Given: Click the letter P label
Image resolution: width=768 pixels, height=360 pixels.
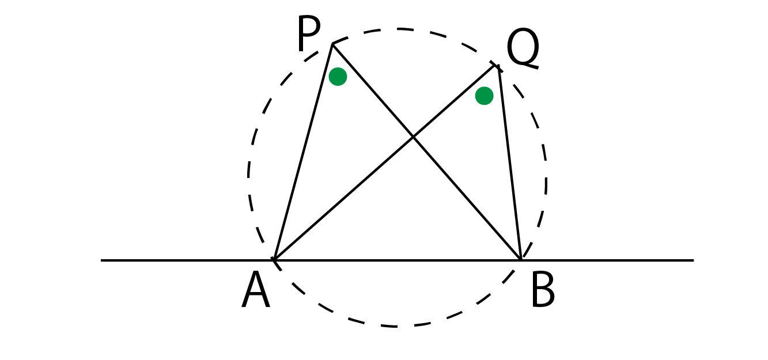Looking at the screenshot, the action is (x=309, y=33).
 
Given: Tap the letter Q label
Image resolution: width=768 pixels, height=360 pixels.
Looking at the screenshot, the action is (x=523, y=49).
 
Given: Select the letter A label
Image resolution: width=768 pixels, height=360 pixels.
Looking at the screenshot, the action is (x=256, y=290).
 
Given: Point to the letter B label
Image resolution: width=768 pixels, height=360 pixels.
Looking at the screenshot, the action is (x=543, y=290).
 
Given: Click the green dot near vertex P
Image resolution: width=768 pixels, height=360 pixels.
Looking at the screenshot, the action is (x=338, y=76).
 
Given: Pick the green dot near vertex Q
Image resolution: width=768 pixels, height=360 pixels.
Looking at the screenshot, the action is (x=484, y=96).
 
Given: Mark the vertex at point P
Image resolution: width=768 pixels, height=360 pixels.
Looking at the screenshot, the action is (x=332, y=44).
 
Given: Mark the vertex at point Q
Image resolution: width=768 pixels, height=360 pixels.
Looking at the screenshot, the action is (x=498, y=65).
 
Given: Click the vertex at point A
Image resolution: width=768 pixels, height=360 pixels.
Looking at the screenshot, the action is (x=275, y=260).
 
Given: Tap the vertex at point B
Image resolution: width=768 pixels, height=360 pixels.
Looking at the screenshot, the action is (x=521, y=260).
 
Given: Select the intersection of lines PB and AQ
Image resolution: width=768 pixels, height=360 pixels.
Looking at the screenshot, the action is (x=414, y=138).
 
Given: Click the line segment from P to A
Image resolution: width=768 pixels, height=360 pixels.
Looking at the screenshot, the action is (x=304, y=152).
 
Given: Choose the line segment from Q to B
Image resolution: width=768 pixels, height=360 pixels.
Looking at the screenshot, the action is (x=509, y=162).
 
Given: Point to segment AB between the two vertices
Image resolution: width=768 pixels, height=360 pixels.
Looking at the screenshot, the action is (x=398, y=260).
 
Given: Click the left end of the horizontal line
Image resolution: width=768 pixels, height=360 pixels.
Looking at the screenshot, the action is (x=101, y=260).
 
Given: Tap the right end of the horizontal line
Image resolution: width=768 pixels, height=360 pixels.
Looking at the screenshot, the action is (x=694, y=260).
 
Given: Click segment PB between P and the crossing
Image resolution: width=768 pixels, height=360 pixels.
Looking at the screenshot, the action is (x=373, y=91).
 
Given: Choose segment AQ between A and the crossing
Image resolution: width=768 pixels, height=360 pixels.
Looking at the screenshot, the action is (x=344, y=199).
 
